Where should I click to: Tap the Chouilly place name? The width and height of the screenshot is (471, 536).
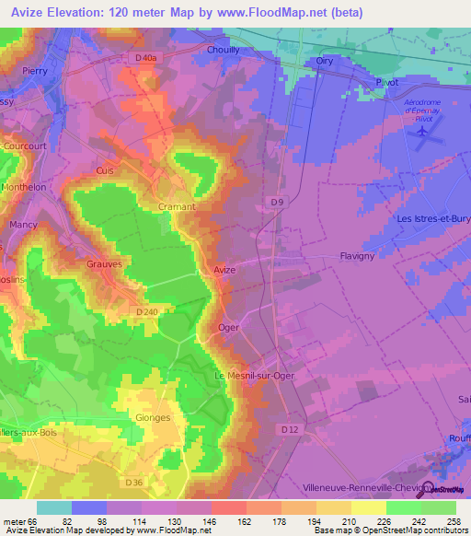point(223,51)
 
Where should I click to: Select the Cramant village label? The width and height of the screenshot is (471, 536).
point(177,207)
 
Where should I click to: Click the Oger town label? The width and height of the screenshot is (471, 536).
point(228,327)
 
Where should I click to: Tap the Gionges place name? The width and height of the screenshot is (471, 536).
point(153,417)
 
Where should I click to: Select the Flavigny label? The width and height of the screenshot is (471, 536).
point(357,257)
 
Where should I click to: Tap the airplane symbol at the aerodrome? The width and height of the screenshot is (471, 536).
point(422,132)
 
